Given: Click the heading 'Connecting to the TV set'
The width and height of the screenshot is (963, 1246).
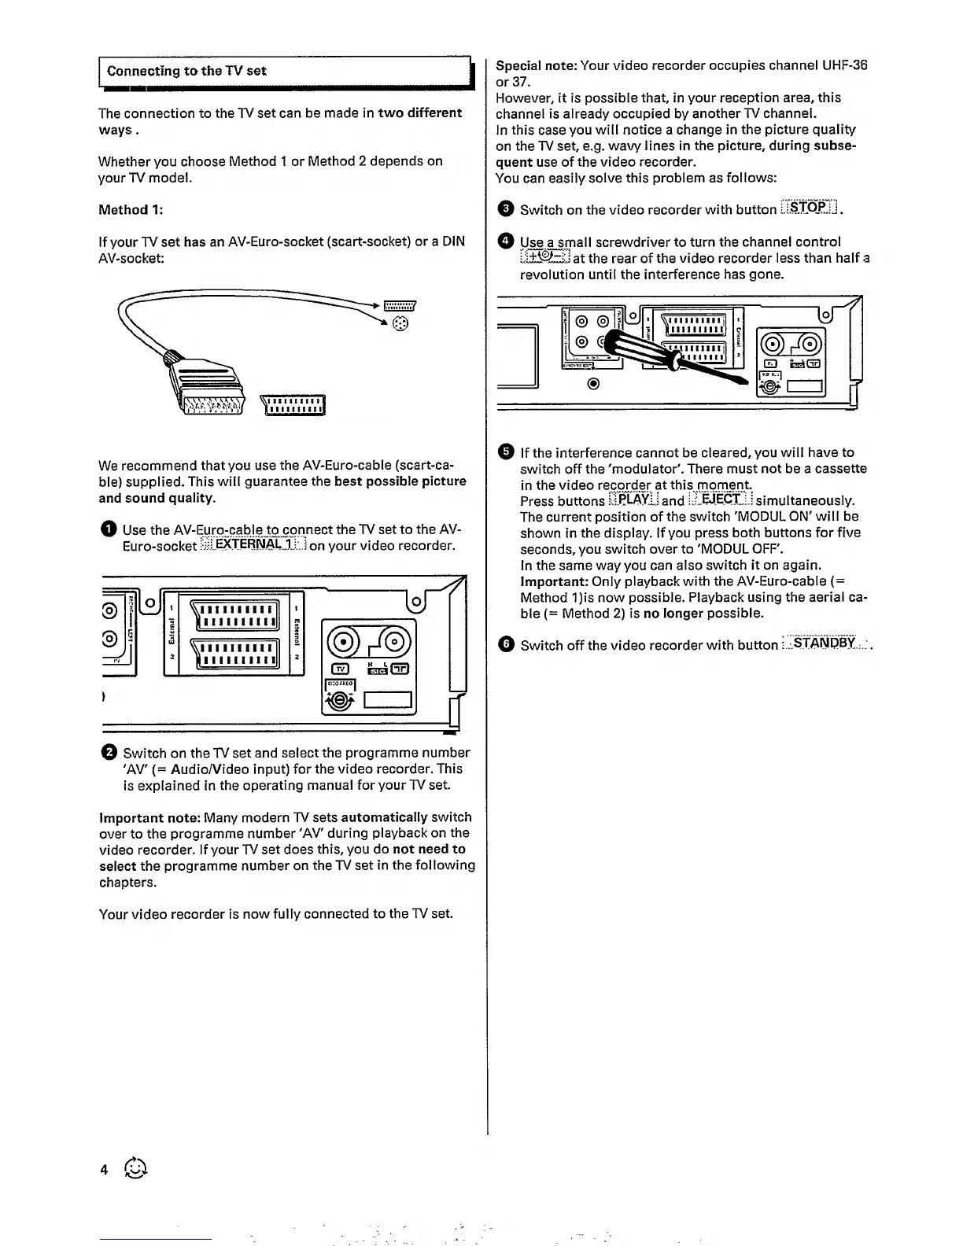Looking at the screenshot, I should pos(186,71).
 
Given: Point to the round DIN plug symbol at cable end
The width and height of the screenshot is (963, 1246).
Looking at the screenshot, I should pos(400,324).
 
